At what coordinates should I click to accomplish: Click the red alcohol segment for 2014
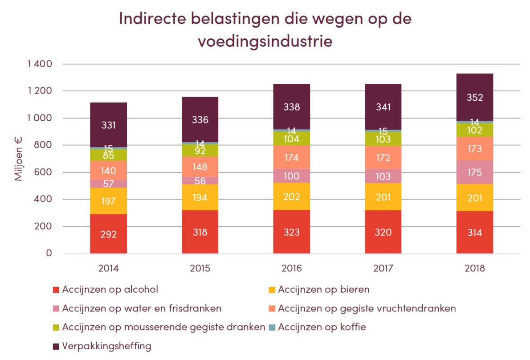click(108, 234)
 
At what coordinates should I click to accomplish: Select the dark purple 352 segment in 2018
click(475, 98)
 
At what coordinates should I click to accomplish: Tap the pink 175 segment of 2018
click(475, 172)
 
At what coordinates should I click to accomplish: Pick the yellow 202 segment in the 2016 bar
click(292, 196)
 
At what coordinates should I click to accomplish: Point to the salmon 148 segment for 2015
click(200, 167)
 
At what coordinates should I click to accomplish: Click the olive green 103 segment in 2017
click(383, 139)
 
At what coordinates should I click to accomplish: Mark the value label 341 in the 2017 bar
click(383, 107)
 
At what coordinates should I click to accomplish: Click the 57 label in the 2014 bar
click(108, 184)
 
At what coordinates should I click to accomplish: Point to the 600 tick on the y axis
click(44, 172)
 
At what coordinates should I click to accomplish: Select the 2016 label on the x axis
click(292, 269)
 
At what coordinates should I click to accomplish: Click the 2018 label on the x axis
click(475, 269)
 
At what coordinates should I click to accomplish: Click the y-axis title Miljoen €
click(19, 159)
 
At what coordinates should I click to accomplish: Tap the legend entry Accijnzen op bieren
click(324, 290)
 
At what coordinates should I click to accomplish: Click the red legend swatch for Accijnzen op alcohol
click(56, 290)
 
